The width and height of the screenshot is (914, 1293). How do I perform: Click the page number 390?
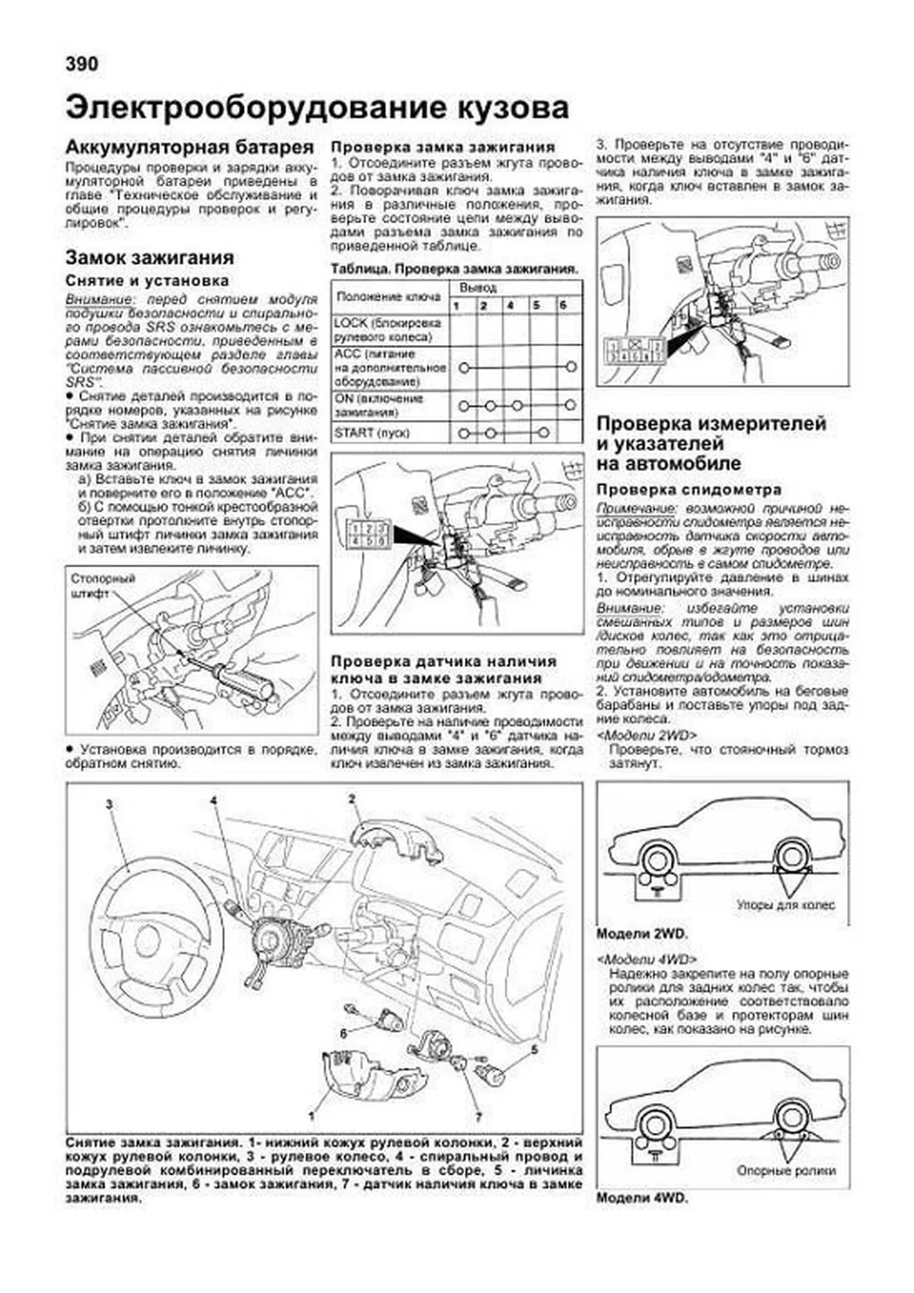tap(81, 64)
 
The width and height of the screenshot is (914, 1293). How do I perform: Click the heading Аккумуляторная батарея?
tap(189, 147)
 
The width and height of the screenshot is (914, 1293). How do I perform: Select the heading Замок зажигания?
tap(149, 258)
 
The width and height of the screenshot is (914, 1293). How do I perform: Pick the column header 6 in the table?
tap(563, 305)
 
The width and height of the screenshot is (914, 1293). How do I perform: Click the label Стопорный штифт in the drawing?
tap(102, 585)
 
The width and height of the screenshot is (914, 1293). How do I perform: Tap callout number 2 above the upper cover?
tap(352, 799)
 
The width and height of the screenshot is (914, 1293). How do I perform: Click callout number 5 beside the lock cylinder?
tap(534, 1050)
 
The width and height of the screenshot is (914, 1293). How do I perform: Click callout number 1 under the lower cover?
tap(312, 1115)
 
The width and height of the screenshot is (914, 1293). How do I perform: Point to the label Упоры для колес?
tap(785, 905)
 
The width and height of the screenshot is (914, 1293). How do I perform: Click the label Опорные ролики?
tap(786, 1171)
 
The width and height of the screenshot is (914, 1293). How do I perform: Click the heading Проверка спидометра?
tap(689, 490)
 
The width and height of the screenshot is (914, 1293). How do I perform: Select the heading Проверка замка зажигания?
tap(443, 147)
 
